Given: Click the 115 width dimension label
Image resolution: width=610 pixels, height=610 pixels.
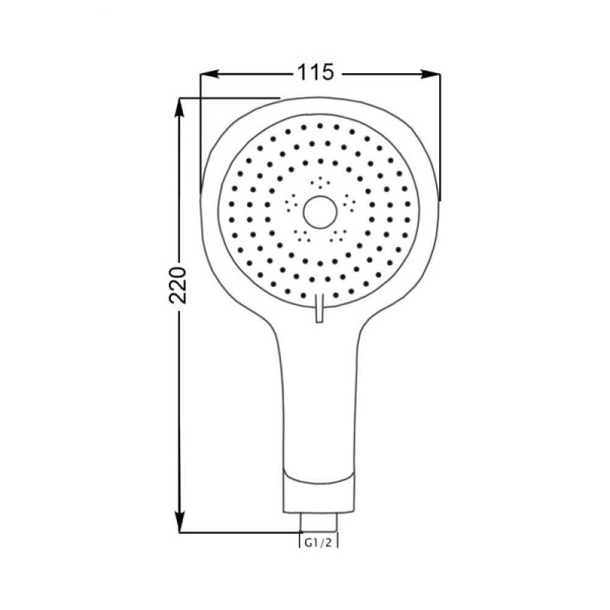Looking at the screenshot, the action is point(315,73).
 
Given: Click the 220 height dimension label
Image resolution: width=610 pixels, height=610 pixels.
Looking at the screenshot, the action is point(179,285).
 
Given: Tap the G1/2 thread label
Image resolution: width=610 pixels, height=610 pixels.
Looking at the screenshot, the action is point(318,543).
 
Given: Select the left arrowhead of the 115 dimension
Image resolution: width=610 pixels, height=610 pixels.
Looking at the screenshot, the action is point(209,74).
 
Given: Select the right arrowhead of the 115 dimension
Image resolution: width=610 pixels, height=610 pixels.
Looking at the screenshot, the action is point(431,74).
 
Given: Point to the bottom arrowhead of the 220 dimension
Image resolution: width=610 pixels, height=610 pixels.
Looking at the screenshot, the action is point(179,523).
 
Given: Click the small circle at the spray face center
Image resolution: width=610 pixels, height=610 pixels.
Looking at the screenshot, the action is point(320,212).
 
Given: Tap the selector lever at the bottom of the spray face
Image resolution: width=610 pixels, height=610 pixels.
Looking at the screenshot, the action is point(320,308).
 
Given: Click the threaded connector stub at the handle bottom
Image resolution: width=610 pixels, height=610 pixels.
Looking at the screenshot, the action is point(318,522).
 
